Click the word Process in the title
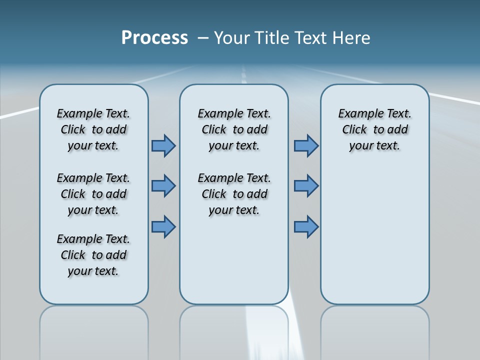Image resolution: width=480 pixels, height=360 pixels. tap(154, 38)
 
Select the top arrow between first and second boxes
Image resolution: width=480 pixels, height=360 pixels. tap(163, 146)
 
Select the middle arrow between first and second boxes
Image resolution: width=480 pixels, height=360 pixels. tap(163, 186)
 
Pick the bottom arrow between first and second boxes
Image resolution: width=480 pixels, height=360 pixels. tap(163, 226)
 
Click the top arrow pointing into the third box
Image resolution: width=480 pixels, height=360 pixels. tap(306, 146)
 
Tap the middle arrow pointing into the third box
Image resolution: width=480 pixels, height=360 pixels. tap(306, 186)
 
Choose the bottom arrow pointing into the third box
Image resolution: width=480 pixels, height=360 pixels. tap(306, 226)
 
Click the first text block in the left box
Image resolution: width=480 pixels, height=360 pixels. tap(93, 129)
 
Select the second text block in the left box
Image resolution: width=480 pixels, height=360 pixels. tap(93, 194)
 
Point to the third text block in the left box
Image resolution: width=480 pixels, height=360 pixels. tap(93, 255)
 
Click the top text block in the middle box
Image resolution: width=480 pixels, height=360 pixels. tap(234, 129)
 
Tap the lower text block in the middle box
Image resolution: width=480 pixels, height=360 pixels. tap(234, 194)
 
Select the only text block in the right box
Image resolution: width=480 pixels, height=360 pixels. tap(374, 129)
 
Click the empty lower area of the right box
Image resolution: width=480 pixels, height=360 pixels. tap(374, 235)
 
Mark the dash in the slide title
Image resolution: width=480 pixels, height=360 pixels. tap(203, 38)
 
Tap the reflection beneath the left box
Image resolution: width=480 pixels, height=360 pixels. tap(93, 330)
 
